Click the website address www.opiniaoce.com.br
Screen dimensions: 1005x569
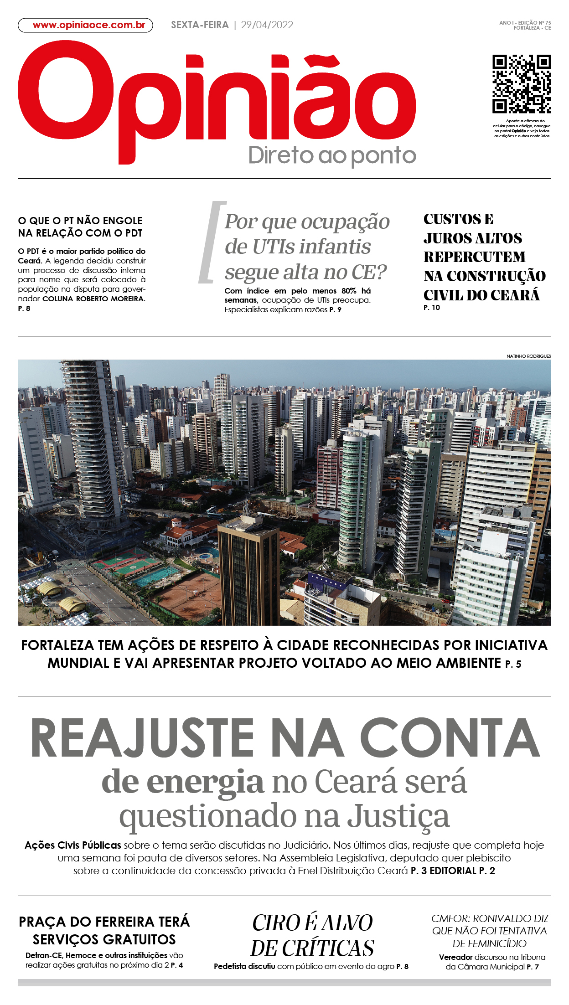pyautogui.click(x=88, y=25)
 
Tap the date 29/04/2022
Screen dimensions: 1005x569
pyautogui.click(x=267, y=25)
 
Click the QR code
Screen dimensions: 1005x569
pyautogui.click(x=522, y=84)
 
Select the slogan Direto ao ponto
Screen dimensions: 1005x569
pyautogui.click(x=332, y=156)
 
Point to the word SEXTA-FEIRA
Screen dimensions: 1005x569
pyautogui.click(x=200, y=25)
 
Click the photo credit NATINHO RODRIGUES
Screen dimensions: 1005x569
pyautogui.click(x=528, y=356)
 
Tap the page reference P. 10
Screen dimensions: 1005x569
pyautogui.click(x=432, y=308)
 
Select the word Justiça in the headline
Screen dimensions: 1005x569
pyautogui.click(x=398, y=817)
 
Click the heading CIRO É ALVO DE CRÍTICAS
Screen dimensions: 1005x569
pyautogui.click(x=312, y=935)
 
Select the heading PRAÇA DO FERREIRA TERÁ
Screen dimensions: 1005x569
pyautogui.click(x=104, y=922)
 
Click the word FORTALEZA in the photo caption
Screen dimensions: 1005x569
pyautogui.click(x=57, y=645)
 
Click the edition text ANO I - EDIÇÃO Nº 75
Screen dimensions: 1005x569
pyautogui.click(x=525, y=22)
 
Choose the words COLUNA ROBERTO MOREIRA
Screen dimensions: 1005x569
pyautogui.click(x=93, y=299)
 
